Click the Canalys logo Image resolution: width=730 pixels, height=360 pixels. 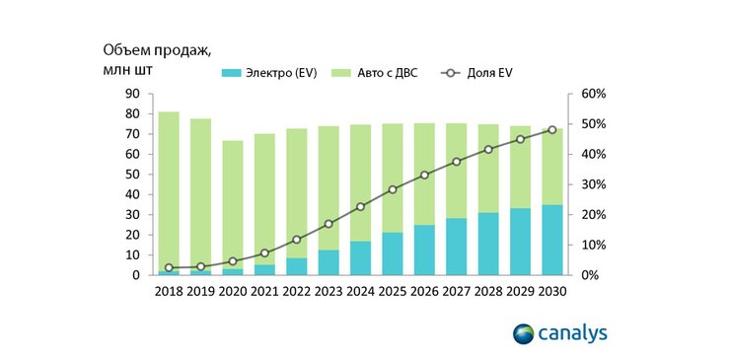click(x=559, y=333)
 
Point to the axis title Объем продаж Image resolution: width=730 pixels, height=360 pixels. click(x=157, y=50)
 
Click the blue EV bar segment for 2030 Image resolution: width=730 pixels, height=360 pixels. click(x=552, y=240)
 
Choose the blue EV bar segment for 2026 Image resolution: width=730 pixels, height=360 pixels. click(x=424, y=251)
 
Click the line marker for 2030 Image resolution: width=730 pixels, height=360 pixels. click(x=552, y=130)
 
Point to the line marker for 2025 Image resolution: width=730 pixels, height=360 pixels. click(x=393, y=189)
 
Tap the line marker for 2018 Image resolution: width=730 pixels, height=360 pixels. click(x=169, y=267)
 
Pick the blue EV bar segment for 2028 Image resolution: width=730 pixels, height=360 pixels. click(x=488, y=244)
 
